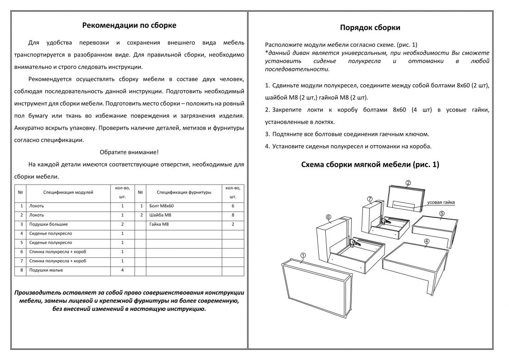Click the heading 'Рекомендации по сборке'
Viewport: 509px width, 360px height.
pos(129,25)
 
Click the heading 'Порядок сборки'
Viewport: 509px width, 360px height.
pos(370,27)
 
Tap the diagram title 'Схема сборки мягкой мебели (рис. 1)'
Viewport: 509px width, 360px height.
pos(370,165)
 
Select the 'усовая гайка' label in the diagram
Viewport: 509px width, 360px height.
pos(441,203)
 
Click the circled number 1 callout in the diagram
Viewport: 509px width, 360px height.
pos(303,255)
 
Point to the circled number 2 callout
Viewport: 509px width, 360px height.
pos(408,183)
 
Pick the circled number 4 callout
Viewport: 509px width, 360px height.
pos(427,241)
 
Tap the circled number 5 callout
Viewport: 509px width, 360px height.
pos(442,213)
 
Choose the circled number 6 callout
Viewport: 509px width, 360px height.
pos(328,217)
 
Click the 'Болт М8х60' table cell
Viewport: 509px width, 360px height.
pos(161,206)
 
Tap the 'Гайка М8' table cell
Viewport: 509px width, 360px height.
pos(159,224)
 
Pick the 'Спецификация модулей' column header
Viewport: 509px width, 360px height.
pos(68,192)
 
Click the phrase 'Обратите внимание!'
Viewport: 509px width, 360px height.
pos(129,152)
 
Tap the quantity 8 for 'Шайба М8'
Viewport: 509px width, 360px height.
pos(233,215)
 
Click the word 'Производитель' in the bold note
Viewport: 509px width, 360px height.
pos(37,292)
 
